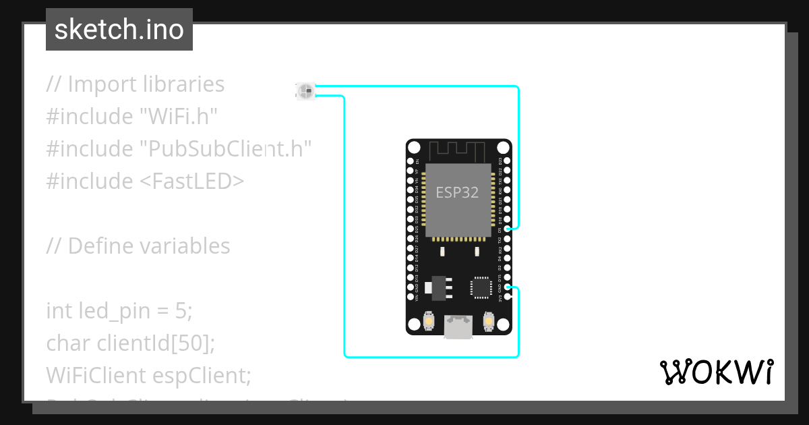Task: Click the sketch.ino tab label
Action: point(119,30)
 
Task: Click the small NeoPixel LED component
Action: point(305,90)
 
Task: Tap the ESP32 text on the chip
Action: point(457,192)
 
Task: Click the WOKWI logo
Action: point(716,372)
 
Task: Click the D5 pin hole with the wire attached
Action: point(507,229)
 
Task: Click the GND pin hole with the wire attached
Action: point(507,287)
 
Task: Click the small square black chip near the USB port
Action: point(481,287)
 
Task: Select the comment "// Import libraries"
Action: point(135,84)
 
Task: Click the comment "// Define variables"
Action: point(138,246)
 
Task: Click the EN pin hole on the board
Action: point(411,162)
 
